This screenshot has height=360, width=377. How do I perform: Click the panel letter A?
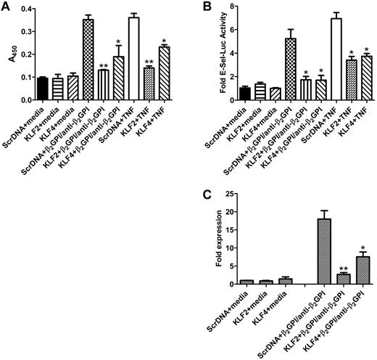[6, 7]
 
